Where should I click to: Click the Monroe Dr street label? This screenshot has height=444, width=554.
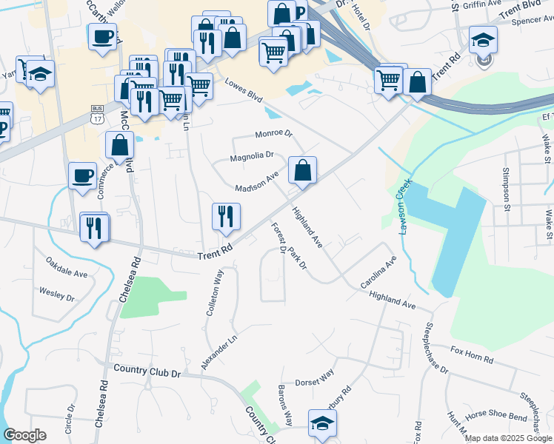pyautogui.click(x=273, y=134)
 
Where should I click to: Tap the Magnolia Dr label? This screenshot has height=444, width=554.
pyautogui.click(x=252, y=156)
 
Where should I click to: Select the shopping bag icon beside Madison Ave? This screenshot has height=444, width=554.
pyautogui.click(x=302, y=170)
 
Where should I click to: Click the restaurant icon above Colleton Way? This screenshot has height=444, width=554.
pyautogui.click(x=226, y=216)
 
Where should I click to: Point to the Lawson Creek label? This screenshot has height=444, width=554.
pyautogui.click(x=403, y=208)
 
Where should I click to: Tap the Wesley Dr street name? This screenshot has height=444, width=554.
pyautogui.click(x=57, y=294)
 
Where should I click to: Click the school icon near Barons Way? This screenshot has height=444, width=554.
pyautogui.click(x=322, y=423)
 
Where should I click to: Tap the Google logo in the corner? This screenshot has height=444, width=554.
pyautogui.click(x=25, y=435)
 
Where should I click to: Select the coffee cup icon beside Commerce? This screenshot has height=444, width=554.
pyautogui.click(x=82, y=176)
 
